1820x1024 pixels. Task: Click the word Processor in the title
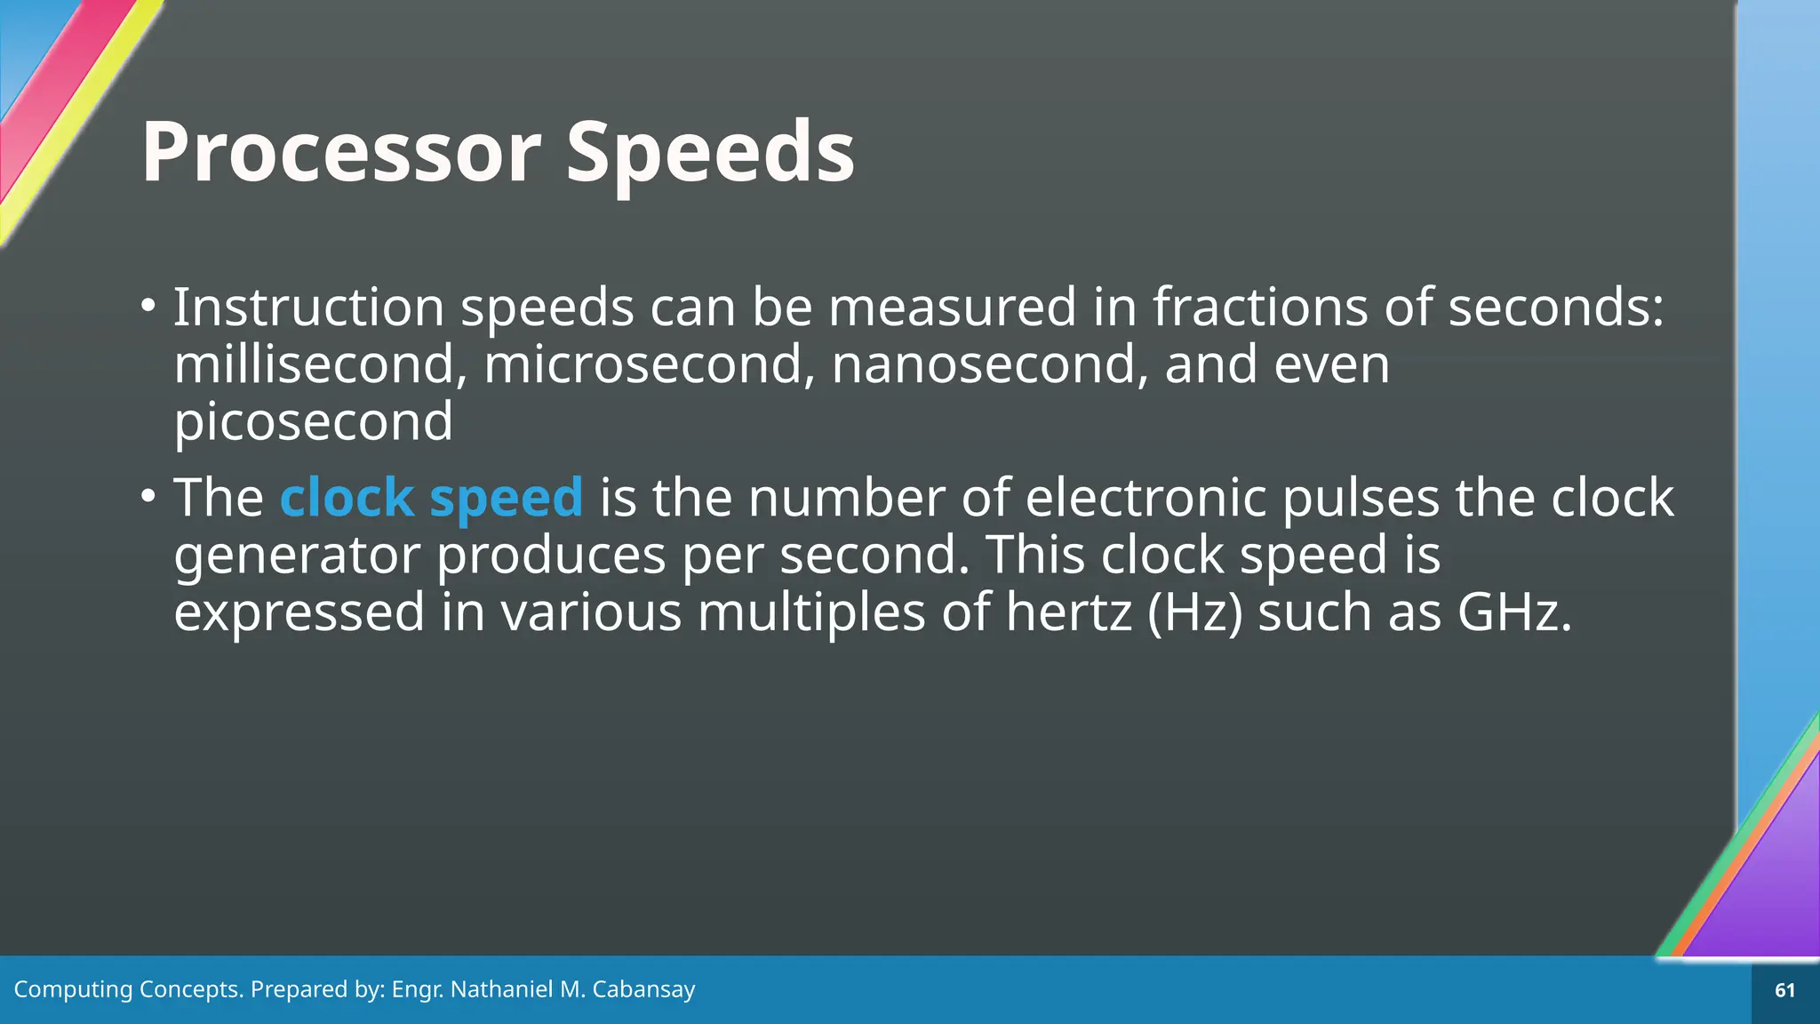pos(341,153)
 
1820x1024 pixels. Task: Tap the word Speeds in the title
pos(710,153)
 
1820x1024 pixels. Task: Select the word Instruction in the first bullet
pos(308,308)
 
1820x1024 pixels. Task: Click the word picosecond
pos(313,421)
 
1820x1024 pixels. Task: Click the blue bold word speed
pos(507,499)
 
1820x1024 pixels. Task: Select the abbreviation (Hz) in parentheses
pos(1194,612)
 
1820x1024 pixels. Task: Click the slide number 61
pos(1784,990)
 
